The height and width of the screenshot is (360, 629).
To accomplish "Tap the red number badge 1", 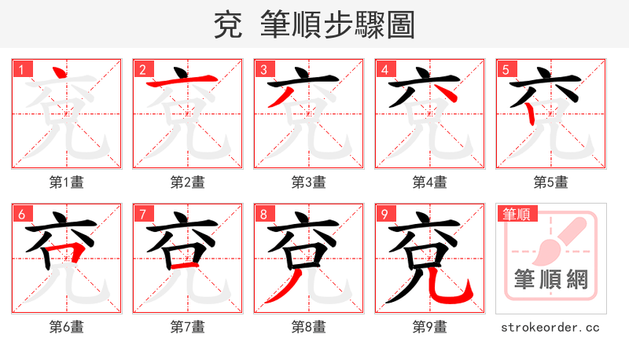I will [21, 69].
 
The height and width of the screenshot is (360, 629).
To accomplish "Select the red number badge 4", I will [384, 69].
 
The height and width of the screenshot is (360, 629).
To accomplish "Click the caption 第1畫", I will [66, 182].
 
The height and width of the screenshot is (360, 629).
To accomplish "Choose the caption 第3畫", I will [308, 182].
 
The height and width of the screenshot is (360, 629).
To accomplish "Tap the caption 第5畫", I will [550, 182].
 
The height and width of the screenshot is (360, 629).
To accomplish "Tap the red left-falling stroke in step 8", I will [285, 288].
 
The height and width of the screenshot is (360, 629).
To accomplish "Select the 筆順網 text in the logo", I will [550, 281].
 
